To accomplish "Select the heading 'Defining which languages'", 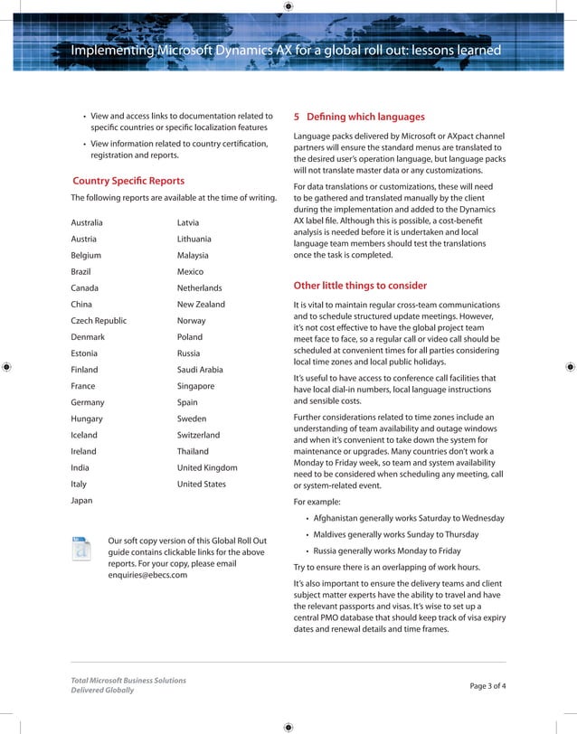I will coord(365,117).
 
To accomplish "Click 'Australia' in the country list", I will coord(87,222).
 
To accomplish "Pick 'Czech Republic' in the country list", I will coord(99,321).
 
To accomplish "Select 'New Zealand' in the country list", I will coord(201,305).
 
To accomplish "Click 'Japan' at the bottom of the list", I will coord(82,500).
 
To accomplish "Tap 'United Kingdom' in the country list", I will coord(207,467).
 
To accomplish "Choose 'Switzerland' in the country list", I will coord(198,435).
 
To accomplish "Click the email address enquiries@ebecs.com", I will coord(147,574).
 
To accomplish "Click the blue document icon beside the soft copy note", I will coord(82,548).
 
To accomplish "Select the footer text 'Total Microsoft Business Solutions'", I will coord(128,680).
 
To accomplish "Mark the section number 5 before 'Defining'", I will coord(298,117).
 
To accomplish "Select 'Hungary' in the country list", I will coord(87,419).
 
